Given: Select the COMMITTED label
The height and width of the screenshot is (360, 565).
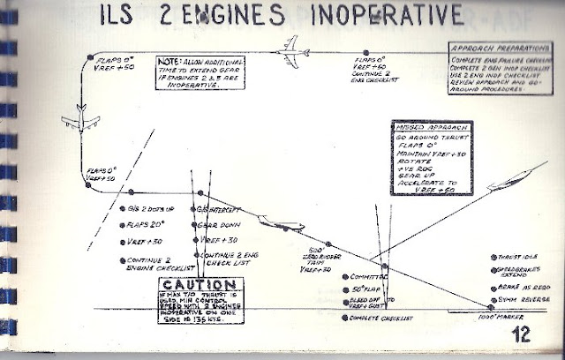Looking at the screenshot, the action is [x=358, y=276].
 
